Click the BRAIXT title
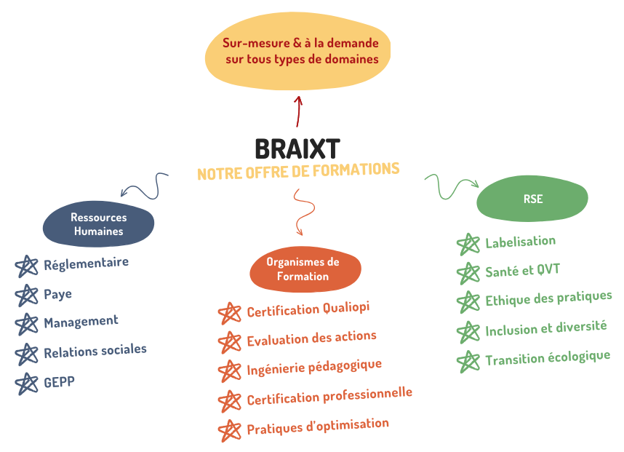click(297, 148)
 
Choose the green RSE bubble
click(532, 199)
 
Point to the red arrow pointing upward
click(298, 111)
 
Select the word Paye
click(57, 294)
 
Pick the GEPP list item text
click(59, 381)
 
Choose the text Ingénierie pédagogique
click(313, 367)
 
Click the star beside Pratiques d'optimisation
click(230, 430)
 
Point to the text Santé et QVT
click(522, 271)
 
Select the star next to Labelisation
click(468, 245)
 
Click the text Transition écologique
click(547, 358)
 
